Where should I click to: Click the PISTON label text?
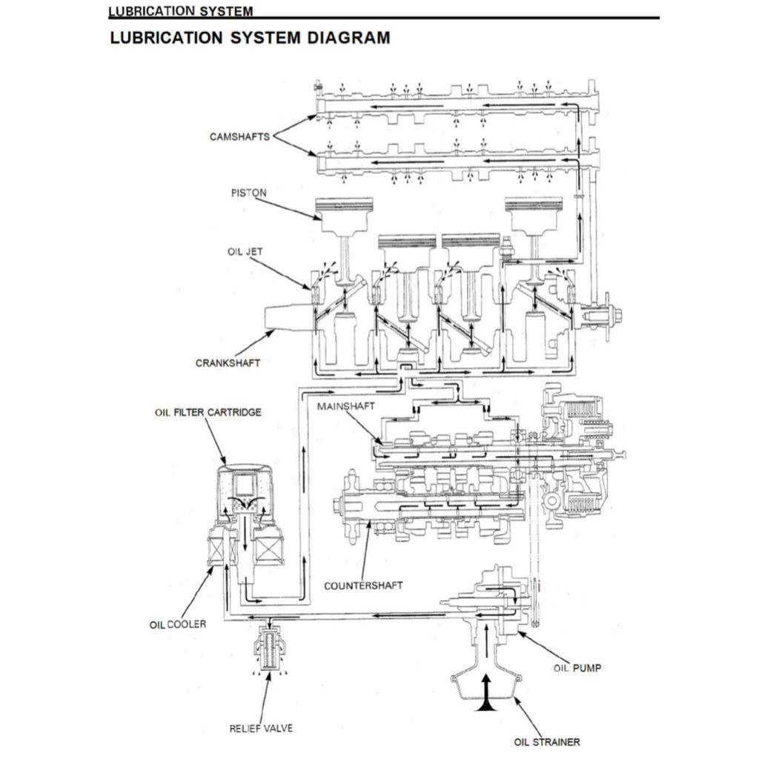[248, 192]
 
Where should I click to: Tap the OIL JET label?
[245, 252]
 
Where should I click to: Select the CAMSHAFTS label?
[239, 136]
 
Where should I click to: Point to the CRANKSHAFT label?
[228, 363]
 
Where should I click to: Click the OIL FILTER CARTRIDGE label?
[208, 412]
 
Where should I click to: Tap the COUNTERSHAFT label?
[363, 586]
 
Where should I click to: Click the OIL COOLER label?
[178, 624]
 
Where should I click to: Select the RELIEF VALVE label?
[261, 728]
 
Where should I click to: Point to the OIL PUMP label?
[577, 668]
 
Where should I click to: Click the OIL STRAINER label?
[547, 741]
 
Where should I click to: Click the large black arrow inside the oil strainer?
[486, 692]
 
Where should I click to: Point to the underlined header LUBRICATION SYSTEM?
[180, 11]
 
